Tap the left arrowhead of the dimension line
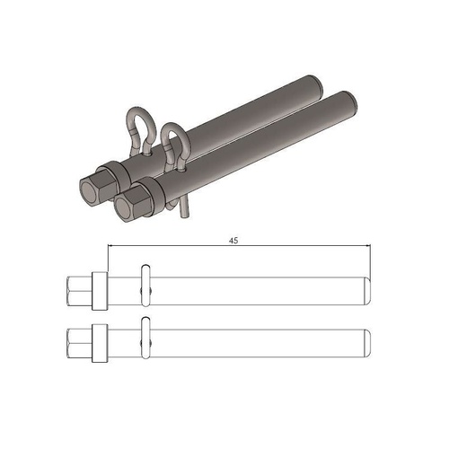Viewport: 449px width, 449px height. pyautogui.click(x=111, y=247)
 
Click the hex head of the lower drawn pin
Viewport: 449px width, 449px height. pyautogui.click(x=78, y=342)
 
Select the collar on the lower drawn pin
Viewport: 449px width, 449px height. pyautogui.click(x=101, y=342)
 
